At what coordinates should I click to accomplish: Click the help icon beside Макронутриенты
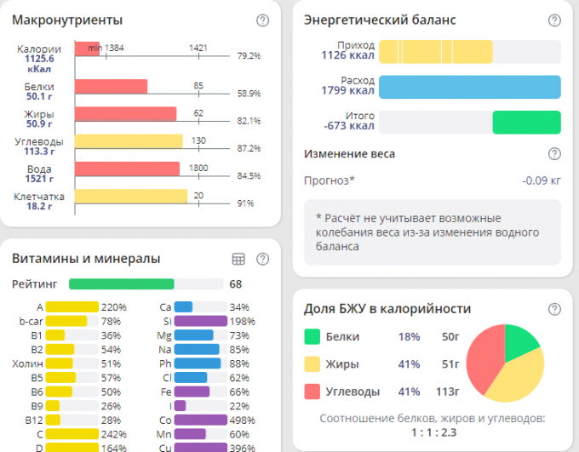(262, 20)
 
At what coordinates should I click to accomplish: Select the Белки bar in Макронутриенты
(111, 86)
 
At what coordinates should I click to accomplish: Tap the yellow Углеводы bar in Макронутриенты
(129, 141)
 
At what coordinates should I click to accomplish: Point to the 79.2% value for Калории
(249, 55)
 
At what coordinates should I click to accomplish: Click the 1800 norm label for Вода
(198, 168)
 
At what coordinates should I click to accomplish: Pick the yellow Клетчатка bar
(130, 197)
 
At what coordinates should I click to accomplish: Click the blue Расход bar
(469, 87)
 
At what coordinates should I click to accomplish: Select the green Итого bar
(526, 123)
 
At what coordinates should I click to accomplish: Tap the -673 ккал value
(349, 127)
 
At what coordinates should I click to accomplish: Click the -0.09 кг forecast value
(542, 180)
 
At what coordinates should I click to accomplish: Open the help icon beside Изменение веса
(554, 154)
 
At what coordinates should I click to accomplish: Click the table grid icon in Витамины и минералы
(238, 259)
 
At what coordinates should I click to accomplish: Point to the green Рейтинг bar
(121, 284)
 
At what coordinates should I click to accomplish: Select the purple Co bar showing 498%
(201, 420)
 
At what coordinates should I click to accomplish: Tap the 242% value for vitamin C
(113, 434)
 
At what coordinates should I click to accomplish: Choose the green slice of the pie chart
(521, 341)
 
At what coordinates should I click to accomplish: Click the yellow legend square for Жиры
(312, 363)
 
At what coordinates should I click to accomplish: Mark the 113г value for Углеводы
(446, 391)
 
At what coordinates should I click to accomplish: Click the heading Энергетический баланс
(380, 20)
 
